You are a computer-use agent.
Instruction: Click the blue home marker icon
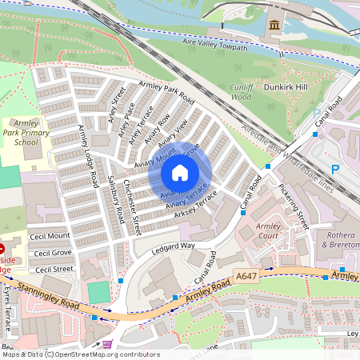tap(180, 172)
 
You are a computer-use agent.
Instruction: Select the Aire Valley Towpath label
tap(217, 47)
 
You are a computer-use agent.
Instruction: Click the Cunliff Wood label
tap(241, 91)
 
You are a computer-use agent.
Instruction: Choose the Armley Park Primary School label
tap(20, 131)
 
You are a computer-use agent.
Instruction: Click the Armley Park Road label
tap(166, 94)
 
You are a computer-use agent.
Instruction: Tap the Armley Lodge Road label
tap(87, 151)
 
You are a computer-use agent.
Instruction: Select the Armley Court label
tap(268, 232)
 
